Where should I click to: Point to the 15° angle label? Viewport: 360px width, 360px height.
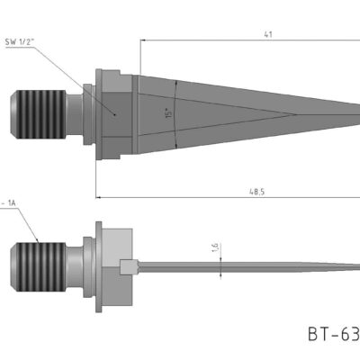coord(168,114)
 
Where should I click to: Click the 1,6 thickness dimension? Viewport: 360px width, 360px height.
coord(214,248)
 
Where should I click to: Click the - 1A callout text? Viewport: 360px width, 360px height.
coord(10,204)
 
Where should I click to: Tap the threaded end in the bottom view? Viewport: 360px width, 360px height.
coord(37,265)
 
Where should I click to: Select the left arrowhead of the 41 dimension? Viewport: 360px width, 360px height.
coord(142,40)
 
